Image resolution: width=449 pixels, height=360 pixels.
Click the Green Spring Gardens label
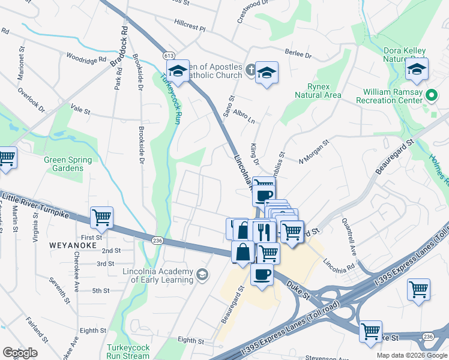(x=68, y=164)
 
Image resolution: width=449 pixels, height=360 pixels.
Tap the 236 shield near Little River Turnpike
(x=157, y=240)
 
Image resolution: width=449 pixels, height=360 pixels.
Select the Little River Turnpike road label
(x=35, y=204)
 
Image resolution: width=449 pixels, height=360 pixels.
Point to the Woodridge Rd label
(x=86, y=61)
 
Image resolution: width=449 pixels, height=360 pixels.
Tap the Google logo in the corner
(x=20, y=353)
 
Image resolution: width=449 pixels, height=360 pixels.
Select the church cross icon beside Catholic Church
(x=251, y=71)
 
